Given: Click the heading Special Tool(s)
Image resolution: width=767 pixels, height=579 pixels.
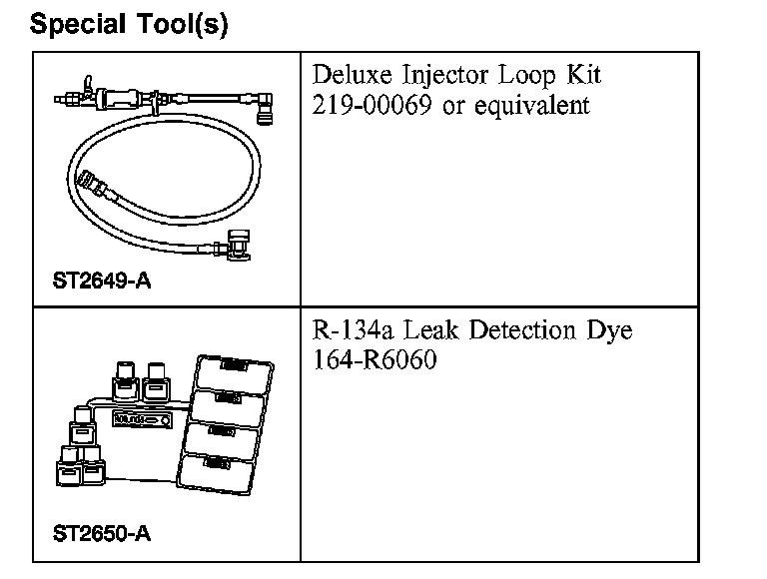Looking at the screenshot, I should click(x=130, y=24).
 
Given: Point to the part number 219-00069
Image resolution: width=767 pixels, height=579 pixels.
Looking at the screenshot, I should click(x=373, y=105).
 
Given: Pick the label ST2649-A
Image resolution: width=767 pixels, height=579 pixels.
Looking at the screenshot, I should click(x=101, y=281).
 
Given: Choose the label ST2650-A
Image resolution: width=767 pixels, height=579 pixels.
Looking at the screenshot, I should click(x=101, y=533).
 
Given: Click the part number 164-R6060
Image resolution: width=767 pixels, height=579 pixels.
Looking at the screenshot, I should click(x=375, y=359).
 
